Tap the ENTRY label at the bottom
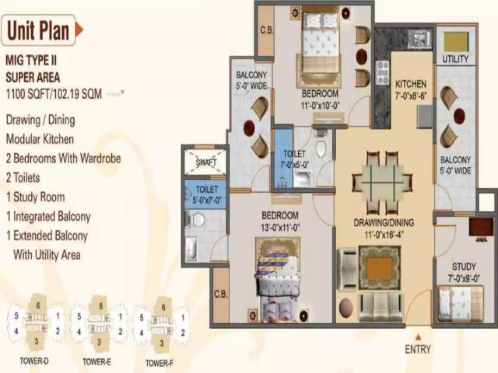[x=418, y=349]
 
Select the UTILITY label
[x=455, y=59]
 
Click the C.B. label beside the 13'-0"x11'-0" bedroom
[x=221, y=295]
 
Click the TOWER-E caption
[x=96, y=361]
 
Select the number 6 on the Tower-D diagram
[x=38, y=306]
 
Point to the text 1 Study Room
[x=35, y=197]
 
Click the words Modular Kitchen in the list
[x=39, y=139]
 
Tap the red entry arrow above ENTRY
[x=418, y=336]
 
